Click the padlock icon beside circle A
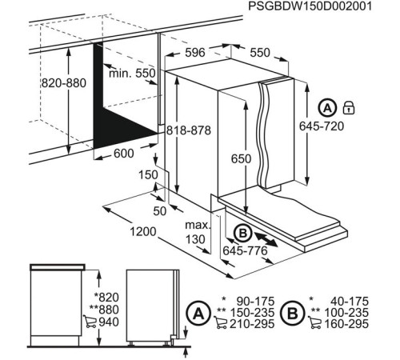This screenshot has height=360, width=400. [x=349, y=107]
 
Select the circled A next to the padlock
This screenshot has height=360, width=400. [x=328, y=107]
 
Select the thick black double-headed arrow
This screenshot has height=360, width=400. [x=267, y=238]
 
